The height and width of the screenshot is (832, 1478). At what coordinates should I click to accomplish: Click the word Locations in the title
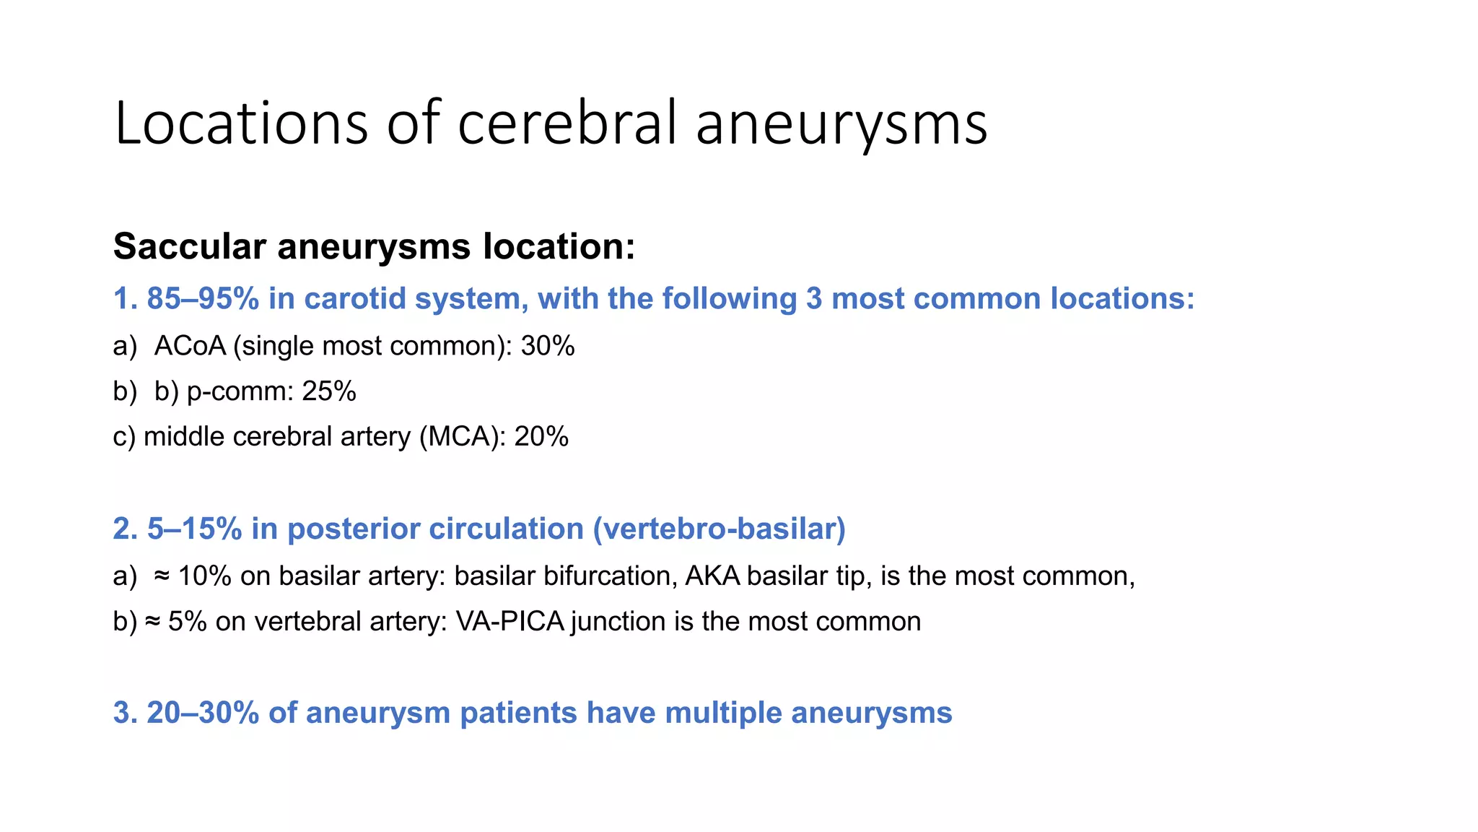pyautogui.click(x=241, y=123)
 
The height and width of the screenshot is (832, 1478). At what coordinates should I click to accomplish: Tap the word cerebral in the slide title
pyautogui.click(x=567, y=123)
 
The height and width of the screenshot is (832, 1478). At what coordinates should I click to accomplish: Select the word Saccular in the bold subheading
pyautogui.click(x=190, y=246)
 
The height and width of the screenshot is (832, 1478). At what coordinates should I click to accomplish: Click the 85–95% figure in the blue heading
pyautogui.click(x=203, y=298)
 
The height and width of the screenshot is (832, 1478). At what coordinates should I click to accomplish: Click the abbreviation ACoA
pyautogui.click(x=190, y=346)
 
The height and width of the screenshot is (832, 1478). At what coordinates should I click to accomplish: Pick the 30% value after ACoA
pyautogui.click(x=548, y=346)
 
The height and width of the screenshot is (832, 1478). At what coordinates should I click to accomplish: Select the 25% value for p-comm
pyautogui.click(x=329, y=391)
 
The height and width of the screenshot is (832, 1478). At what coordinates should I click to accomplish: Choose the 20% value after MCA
pyautogui.click(x=541, y=437)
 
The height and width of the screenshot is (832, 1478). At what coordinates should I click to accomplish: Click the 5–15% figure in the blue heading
pyautogui.click(x=194, y=529)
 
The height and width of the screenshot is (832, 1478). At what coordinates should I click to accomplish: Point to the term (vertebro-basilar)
pyautogui.click(x=719, y=529)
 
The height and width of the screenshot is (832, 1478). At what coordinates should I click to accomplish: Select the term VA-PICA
pyautogui.click(x=510, y=621)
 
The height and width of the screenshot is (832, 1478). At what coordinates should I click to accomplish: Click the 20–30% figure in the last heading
pyautogui.click(x=203, y=713)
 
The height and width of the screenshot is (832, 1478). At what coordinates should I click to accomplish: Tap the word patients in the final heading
pyautogui.click(x=518, y=713)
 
